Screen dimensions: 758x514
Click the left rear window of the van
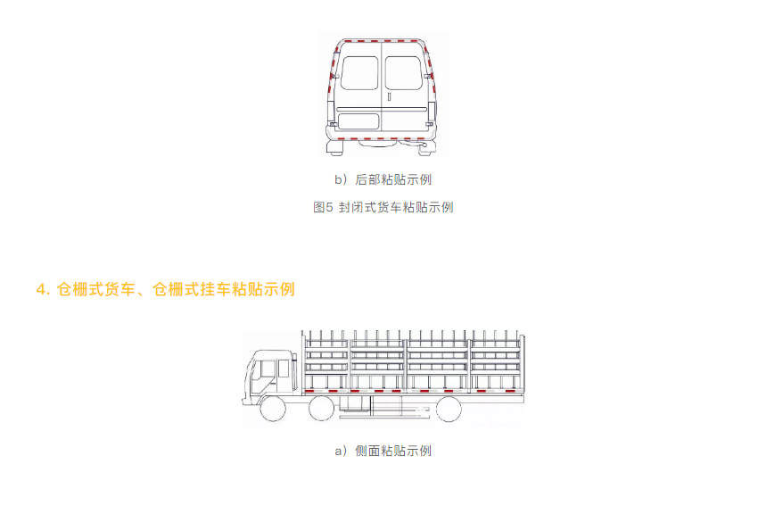pyautogui.click(x=359, y=73)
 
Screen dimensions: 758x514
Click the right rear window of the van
pyautogui.click(x=404, y=73)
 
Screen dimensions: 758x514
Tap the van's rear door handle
pyautogui.click(x=389, y=96)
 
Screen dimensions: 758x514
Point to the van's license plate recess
pyautogui.click(x=358, y=120)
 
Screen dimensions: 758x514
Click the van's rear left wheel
pyautogui.click(x=335, y=148)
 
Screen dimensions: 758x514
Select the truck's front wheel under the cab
pyautogui.click(x=273, y=409)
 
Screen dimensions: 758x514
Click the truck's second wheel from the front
pyautogui.click(x=321, y=409)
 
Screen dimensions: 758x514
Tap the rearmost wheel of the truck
pyautogui.click(x=449, y=409)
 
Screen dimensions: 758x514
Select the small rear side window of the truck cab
pyautogui.click(x=284, y=369)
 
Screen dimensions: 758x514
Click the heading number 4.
pyautogui.click(x=41, y=290)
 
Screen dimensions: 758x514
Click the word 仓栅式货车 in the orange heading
pyautogui.click(x=95, y=289)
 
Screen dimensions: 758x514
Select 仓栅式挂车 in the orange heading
pyautogui.click(x=192, y=289)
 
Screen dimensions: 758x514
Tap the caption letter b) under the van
pyautogui.click(x=342, y=179)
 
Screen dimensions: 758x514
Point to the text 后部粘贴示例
pyautogui.click(x=393, y=179)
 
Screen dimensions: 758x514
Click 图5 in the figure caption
pyautogui.click(x=323, y=207)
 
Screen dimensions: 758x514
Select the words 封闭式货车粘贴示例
pyautogui.click(x=396, y=207)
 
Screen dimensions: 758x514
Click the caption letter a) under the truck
pyautogui.click(x=342, y=452)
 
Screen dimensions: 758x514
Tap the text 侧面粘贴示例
pyautogui.click(x=393, y=451)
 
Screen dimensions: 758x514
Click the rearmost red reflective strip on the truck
pyautogui.click(x=509, y=391)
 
